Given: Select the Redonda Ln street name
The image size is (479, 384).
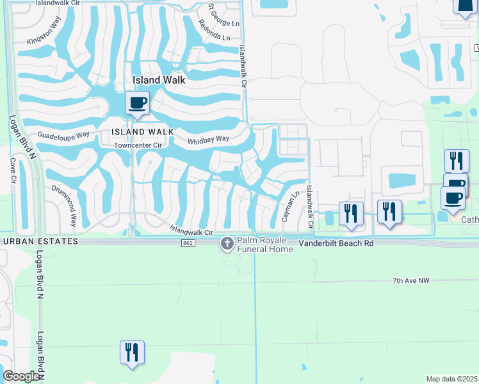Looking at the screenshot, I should click(x=213, y=29).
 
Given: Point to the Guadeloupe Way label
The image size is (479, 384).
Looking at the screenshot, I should click(x=64, y=135).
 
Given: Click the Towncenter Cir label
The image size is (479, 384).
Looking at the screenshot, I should click(x=138, y=145).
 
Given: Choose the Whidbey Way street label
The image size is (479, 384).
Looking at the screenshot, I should click(x=208, y=140).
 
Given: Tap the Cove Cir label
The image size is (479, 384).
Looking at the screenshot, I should click(x=12, y=171).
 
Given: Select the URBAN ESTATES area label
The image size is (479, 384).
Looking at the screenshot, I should click(x=40, y=241).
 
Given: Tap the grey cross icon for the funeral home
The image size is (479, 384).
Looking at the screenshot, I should click(x=227, y=243).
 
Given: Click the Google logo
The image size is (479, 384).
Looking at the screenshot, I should click(x=21, y=376).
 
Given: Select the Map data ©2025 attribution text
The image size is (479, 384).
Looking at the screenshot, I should click(x=451, y=379).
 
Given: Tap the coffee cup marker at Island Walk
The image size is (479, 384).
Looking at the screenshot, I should click(x=138, y=102).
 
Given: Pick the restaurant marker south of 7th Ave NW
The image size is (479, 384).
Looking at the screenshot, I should click(x=132, y=352).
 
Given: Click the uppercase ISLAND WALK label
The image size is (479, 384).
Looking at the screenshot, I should click(x=142, y=131).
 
